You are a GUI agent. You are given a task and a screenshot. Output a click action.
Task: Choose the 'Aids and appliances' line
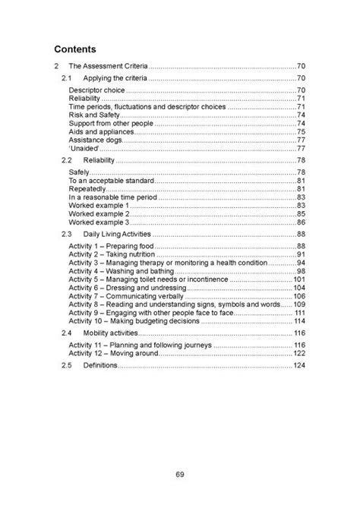(x=99, y=131)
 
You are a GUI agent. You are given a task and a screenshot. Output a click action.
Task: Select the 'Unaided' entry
(x=84, y=148)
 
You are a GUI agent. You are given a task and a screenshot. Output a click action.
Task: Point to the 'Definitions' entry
(x=99, y=365)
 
